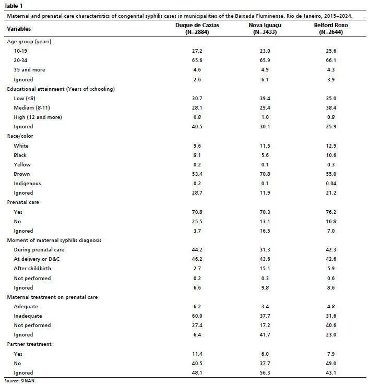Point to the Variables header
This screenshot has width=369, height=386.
[19, 29]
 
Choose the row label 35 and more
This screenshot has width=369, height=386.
[30, 70]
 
